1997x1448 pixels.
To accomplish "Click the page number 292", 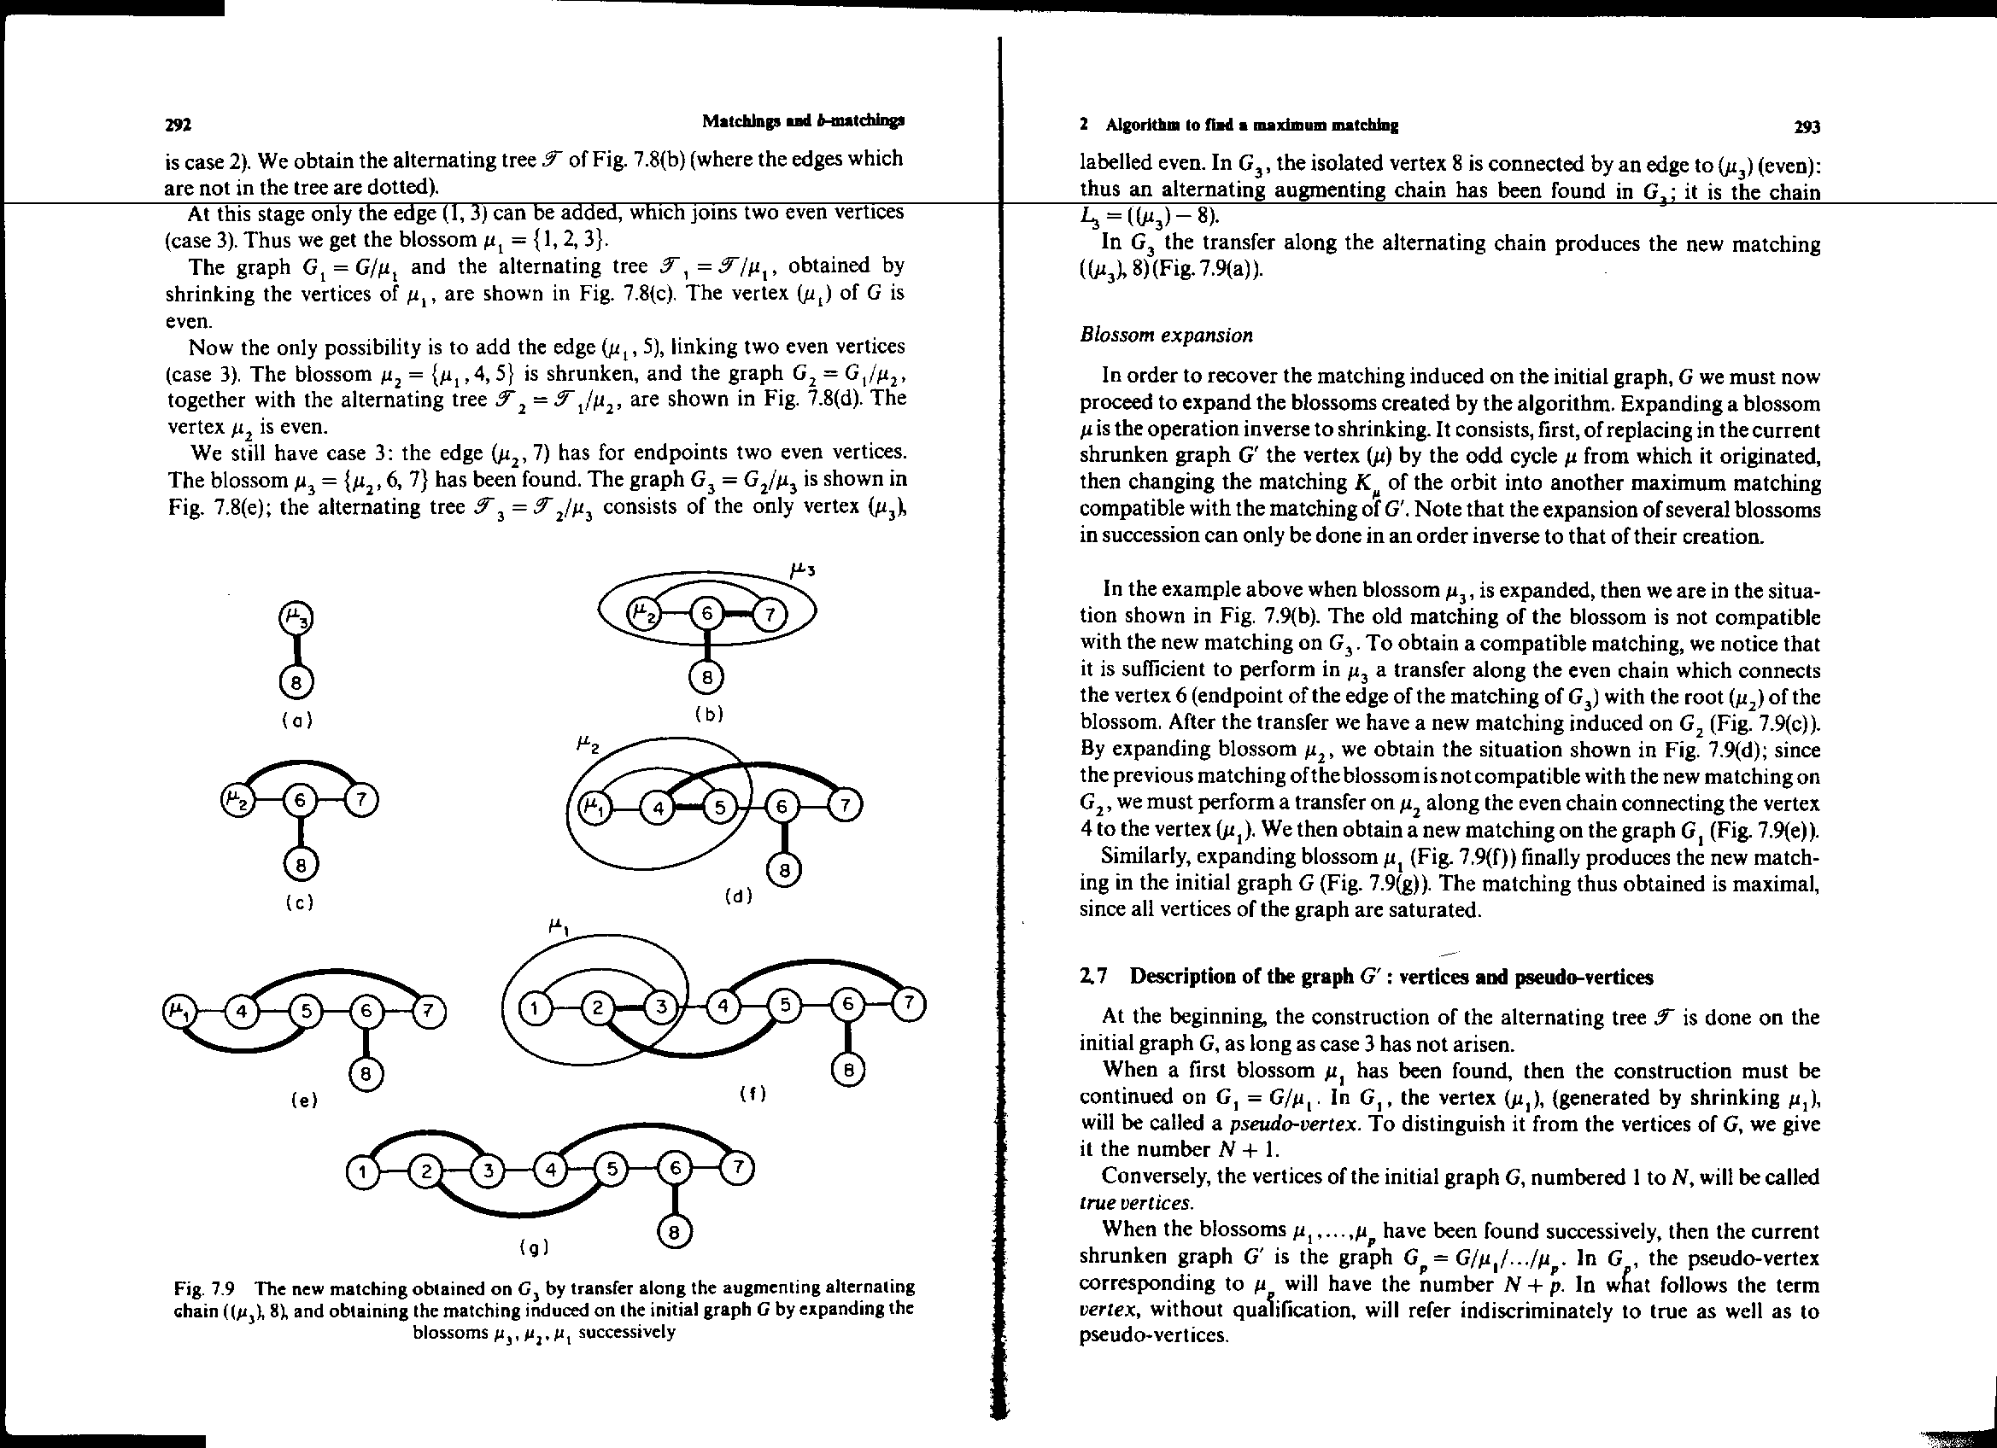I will point(178,124).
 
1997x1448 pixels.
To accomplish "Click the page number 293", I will point(1806,126).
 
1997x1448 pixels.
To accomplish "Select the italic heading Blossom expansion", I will point(1166,336).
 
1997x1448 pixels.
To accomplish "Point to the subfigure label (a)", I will point(297,720).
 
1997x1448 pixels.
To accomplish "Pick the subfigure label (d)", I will point(738,897).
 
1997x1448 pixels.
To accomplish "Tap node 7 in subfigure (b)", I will point(770,615).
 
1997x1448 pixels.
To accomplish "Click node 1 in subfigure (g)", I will point(361,1171).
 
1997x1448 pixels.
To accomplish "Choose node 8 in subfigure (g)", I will point(675,1232).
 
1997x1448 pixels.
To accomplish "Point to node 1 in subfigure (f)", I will point(534,1007).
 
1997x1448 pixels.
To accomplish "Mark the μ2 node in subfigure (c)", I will point(235,800).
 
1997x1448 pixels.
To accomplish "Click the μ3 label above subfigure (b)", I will point(803,569).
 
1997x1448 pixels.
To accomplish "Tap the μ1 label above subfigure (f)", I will point(559,926).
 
